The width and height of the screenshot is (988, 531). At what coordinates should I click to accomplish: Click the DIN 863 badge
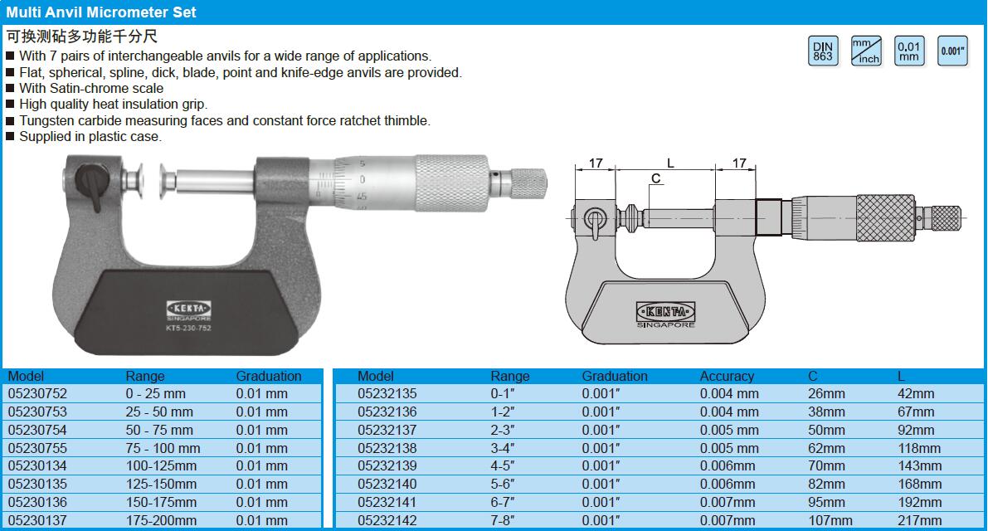(823, 51)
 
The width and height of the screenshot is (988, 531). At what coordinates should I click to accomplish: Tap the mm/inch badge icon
(866, 51)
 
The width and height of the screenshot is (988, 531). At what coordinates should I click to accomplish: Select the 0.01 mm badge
(909, 51)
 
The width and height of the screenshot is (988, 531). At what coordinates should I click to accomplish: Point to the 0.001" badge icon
(952, 51)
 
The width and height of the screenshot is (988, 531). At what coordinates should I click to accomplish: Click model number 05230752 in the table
(37, 393)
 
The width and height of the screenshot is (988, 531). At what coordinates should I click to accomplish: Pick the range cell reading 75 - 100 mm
(163, 449)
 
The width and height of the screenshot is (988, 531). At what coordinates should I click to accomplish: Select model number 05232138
(387, 449)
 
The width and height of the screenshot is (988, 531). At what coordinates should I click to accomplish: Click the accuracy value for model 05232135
(729, 393)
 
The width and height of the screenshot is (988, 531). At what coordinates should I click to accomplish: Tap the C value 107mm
(830, 521)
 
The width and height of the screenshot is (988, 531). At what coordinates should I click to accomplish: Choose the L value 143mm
(919, 466)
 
